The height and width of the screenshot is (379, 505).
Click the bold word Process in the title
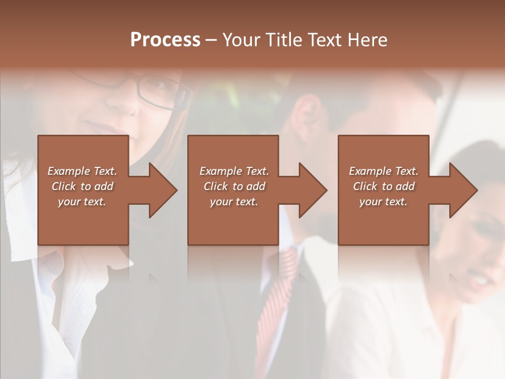[x=165, y=40]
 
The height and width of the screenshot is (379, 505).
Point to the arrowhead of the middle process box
[x=312, y=190]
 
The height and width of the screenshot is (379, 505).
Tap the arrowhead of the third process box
[x=463, y=190]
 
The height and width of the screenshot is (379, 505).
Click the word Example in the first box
[x=68, y=171]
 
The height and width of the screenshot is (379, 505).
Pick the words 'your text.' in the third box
[x=383, y=202]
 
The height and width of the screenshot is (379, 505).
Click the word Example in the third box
[x=370, y=171]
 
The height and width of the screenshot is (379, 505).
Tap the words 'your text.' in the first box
[x=82, y=202]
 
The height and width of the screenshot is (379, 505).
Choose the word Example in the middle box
[x=220, y=171]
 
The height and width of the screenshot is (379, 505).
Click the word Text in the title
[x=324, y=40]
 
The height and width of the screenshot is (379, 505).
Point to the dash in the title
[x=211, y=40]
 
